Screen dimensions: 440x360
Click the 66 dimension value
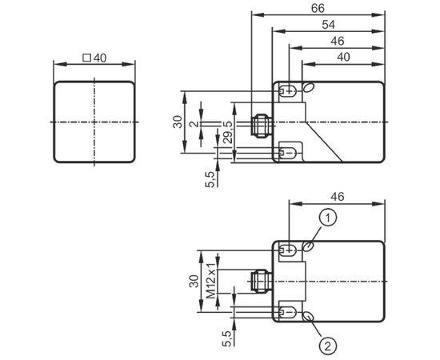pos(318,9)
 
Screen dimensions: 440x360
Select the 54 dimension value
pos(328,25)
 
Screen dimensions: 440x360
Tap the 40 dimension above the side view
pos(343,58)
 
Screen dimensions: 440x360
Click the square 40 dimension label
pos(94,58)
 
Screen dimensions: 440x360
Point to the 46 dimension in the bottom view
pos(338,197)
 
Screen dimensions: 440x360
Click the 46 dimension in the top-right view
pos(338,42)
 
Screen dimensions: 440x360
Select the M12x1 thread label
pos(211,281)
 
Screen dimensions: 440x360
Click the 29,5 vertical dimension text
pos(229,133)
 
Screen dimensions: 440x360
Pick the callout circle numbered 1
pos(328,218)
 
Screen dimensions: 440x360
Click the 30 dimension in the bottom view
pos(194,281)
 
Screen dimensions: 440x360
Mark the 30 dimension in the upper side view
pos(178,122)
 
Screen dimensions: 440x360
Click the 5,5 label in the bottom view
pos(226,338)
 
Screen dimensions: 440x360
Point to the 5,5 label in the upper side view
pos(210,179)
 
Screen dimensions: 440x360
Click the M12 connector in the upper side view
pos(260,126)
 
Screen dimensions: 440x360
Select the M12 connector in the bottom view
pos(260,281)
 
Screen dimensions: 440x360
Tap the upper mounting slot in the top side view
pos(288,91)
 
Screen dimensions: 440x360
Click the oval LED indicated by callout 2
pos(308,317)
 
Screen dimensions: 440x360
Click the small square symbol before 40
pos(86,58)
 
